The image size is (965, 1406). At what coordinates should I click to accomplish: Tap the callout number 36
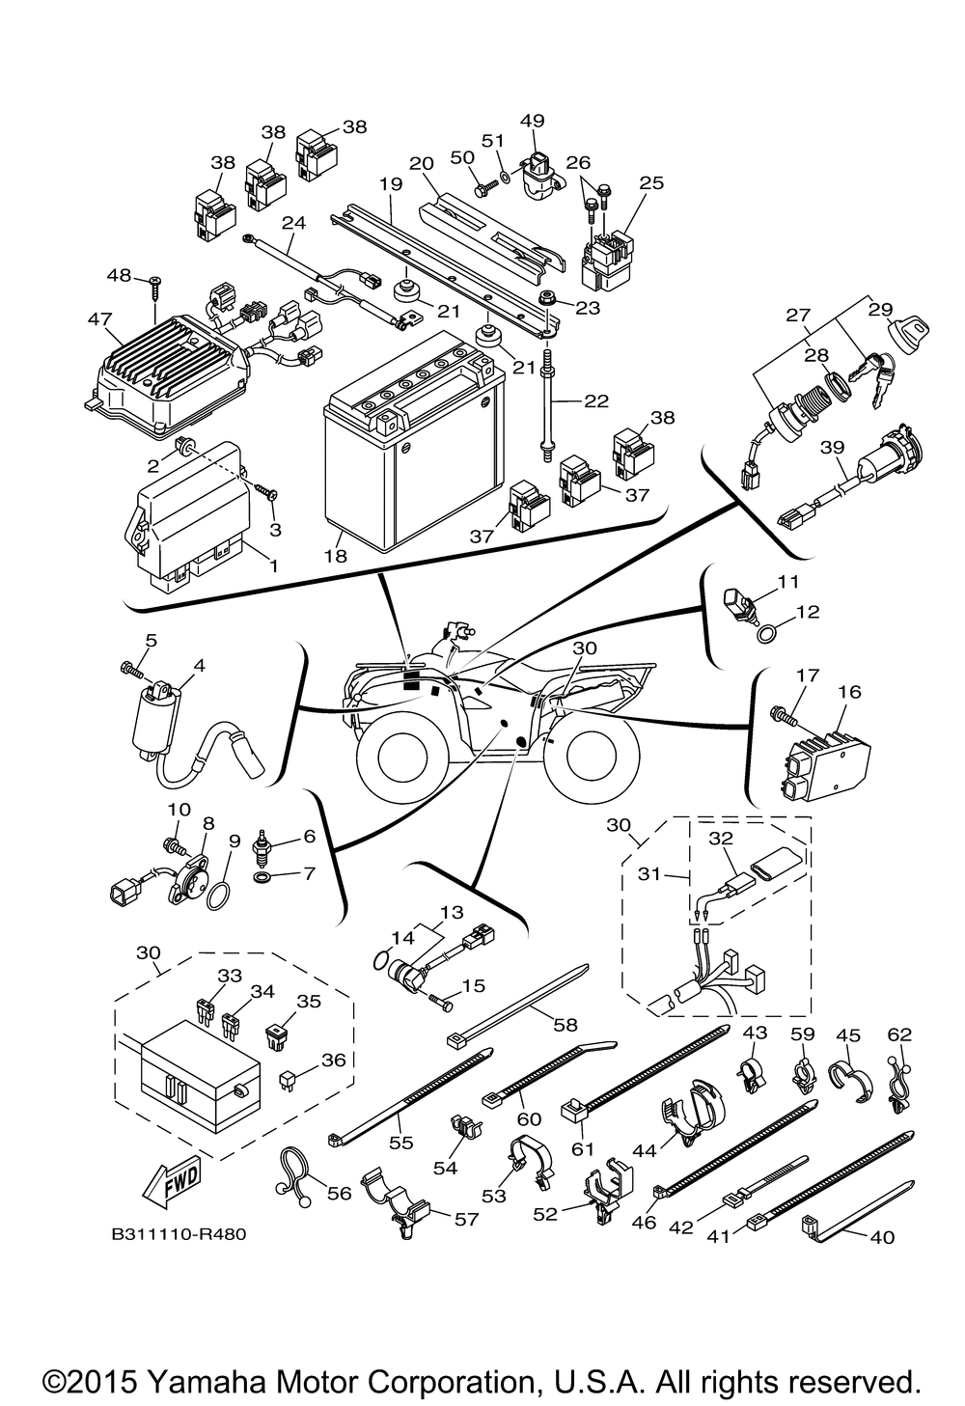[333, 1059]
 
